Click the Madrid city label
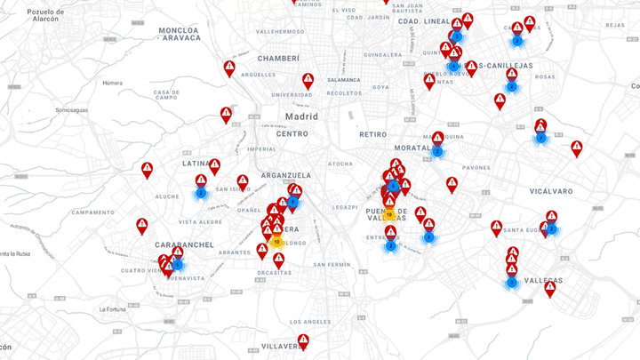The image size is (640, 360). pyautogui.click(x=301, y=116)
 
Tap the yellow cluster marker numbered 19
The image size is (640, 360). pyautogui.click(x=389, y=214)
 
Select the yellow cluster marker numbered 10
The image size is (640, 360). pyautogui.click(x=276, y=241)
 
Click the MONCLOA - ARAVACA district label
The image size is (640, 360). pyautogui.click(x=192, y=34)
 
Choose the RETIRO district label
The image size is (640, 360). pyautogui.click(x=373, y=134)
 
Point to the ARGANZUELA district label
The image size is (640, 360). pyautogui.click(x=286, y=176)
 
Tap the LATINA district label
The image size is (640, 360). pyautogui.click(x=196, y=164)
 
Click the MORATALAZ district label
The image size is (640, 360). pyautogui.click(x=413, y=148)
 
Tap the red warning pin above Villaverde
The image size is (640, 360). pyautogui.click(x=304, y=340)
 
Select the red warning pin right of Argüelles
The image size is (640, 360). pyautogui.click(x=308, y=80)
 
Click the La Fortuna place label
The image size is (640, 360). pyautogui.click(x=115, y=308)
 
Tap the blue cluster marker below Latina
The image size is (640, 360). pyautogui.click(x=201, y=192)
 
